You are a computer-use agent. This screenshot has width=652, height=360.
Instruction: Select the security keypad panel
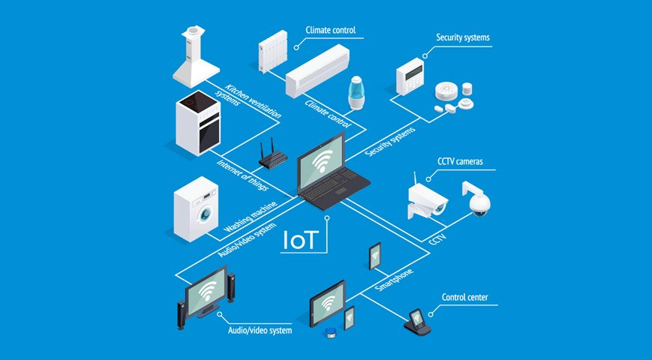(410, 76)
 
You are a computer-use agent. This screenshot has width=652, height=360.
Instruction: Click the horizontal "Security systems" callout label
(462, 37)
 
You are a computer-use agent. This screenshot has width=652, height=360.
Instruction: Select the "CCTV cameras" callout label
(461, 161)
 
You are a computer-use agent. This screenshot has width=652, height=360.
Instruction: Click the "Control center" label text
(464, 298)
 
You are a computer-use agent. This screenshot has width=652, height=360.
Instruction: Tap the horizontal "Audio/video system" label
(260, 329)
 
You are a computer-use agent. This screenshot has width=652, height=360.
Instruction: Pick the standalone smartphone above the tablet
(374, 255)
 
